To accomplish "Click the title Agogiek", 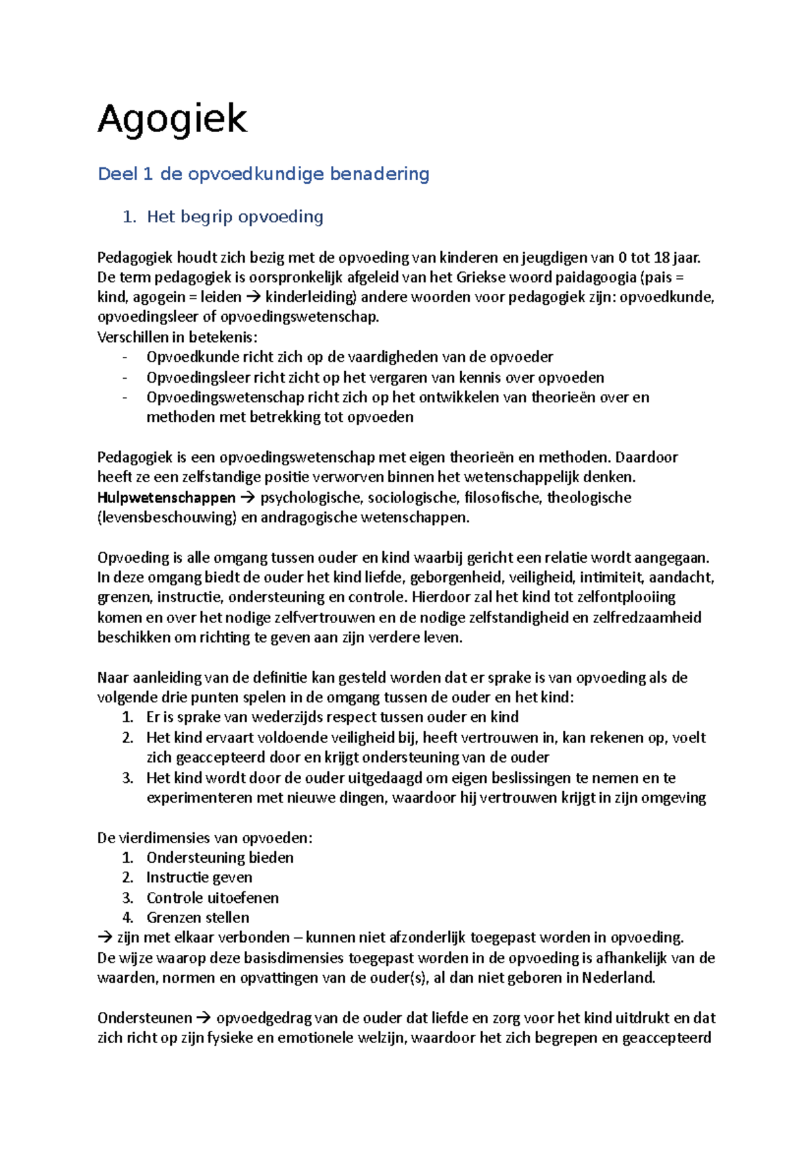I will point(173,120).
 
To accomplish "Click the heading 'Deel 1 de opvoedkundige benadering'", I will point(263,174).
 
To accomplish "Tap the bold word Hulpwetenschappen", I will point(166,498).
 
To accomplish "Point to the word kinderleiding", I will point(311,297).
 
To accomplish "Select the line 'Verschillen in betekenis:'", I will point(177,337).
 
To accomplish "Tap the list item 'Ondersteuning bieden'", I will point(220,858).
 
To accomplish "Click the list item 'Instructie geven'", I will point(199,878).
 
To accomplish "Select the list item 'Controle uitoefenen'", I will point(212,898).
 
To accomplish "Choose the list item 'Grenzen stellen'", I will point(198,918).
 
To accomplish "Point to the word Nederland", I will point(618,978).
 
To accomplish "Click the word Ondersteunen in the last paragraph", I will point(144,1018).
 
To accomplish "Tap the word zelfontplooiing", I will point(625,597).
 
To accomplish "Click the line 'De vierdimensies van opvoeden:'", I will point(205,838).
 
